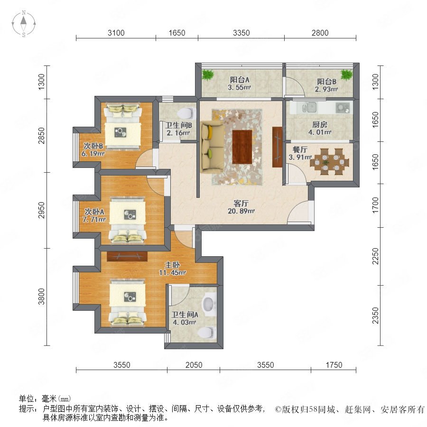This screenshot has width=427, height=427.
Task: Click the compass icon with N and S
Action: click(24, 24)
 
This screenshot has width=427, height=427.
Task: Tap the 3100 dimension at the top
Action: click(116, 33)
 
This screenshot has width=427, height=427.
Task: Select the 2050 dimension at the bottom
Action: click(194, 365)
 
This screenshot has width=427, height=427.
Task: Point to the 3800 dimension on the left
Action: click(41, 297)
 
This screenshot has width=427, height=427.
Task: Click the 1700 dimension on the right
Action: click(375, 205)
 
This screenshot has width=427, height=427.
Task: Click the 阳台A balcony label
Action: click(240, 80)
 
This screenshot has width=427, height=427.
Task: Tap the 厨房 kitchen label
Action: click(320, 125)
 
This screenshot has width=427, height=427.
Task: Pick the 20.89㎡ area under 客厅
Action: click(241, 211)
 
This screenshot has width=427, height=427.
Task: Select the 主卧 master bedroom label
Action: click(172, 265)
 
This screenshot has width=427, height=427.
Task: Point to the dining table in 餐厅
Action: click(330, 161)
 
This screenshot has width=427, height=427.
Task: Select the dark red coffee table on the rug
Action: click(242, 147)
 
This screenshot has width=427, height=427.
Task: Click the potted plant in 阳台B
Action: click(347, 74)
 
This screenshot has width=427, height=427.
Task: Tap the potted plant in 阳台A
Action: click(208, 74)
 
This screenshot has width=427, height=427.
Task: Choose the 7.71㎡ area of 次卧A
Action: click(94, 219)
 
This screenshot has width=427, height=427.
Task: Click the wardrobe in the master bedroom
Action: click(127, 256)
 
